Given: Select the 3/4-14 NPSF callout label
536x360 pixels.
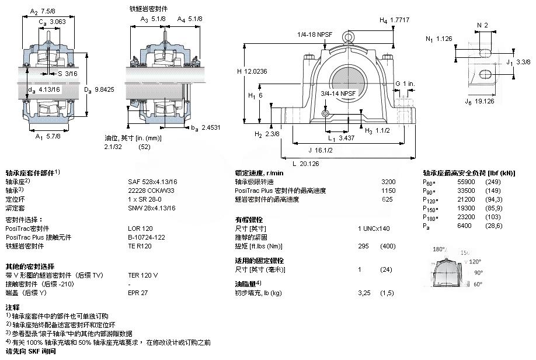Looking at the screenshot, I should [339, 93].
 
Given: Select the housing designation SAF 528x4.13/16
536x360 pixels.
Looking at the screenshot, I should [152, 182].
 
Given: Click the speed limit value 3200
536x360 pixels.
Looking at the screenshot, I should [388, 182].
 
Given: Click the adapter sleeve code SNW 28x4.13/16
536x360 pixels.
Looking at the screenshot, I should [152, 207].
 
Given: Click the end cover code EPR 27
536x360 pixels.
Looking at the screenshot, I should [138, 292].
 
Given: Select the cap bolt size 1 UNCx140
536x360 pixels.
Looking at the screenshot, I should [374, 228].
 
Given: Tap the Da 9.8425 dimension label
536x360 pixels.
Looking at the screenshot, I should [101, 89].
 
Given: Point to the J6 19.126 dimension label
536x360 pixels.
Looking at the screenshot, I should [480, 102].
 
